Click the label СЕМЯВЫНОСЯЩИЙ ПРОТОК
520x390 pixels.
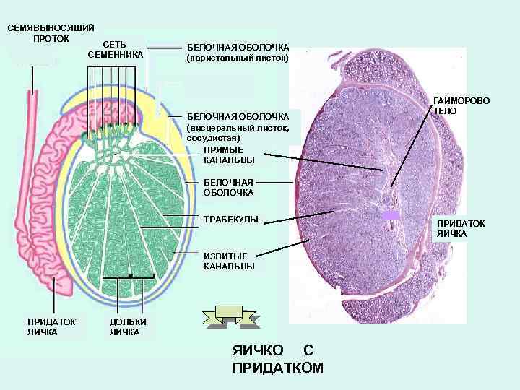pos(51,32)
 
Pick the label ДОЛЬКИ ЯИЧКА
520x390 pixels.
pos(128,327)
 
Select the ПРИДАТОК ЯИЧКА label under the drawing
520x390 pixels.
pos(43,327)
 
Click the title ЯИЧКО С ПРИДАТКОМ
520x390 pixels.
pos(278,359)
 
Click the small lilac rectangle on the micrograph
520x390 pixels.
pos(391,215)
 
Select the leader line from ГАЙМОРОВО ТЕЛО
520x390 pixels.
pos(412,144)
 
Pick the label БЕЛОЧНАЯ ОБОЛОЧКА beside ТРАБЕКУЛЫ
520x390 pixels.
pos(228,187)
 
